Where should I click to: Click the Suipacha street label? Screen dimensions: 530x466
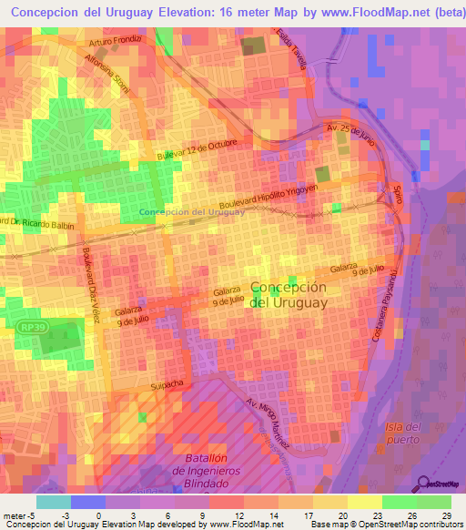165,386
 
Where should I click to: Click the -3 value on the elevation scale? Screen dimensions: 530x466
65,515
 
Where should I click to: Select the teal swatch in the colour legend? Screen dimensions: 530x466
54,502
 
